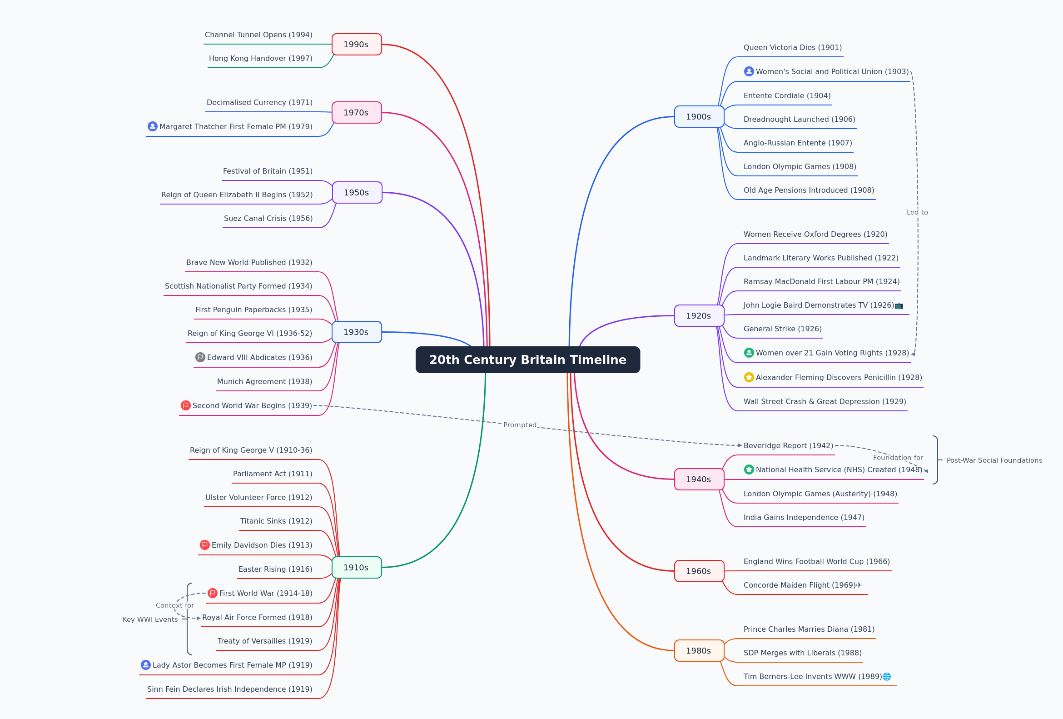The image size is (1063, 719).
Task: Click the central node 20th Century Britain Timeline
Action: click(x=527, y=360)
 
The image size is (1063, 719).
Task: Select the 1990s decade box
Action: click(x=356, y=45)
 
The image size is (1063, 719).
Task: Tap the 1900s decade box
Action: click(x=699, y=117)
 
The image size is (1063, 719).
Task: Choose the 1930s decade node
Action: click(x=356, y=332)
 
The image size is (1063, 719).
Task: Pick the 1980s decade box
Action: click(x=699, y=650)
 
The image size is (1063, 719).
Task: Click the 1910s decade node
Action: click(x=356, y=568)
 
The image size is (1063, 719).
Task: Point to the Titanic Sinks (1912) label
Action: click(x=276, y=521)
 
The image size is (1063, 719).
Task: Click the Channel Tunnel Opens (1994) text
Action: click(x=258, y=35)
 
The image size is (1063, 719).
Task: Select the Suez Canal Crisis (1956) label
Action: click(x=268, y=218)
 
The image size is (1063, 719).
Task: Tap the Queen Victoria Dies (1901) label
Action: click(x=793, y=48)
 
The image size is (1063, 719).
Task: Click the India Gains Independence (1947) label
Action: click(x=804, y=518)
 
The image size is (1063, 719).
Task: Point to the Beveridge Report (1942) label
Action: click(x=788, y=446)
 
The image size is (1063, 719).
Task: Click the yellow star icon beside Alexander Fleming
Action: click(x=749, y=377)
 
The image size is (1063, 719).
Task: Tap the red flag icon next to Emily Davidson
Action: click(x=205, y=544)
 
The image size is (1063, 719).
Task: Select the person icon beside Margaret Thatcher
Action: click(x=153, y=126)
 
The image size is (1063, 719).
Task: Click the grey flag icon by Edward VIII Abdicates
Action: click(x=200, y=357)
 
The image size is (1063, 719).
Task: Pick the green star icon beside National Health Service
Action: click(x=749, y=469)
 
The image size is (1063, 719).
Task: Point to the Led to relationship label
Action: click(x=917, y=212)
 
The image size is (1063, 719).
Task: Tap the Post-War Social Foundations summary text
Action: click(x=994, y=460)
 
